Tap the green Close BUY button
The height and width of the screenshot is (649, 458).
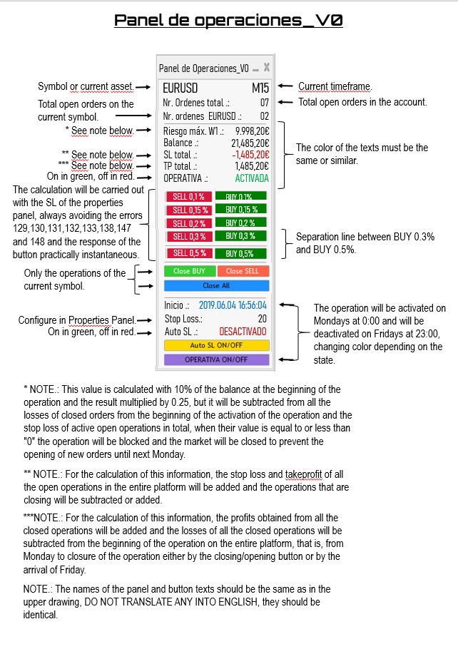click(x=189, y=271)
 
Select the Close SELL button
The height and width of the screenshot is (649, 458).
click(x=243, y=271)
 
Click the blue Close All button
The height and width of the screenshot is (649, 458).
click(x=216, y=285)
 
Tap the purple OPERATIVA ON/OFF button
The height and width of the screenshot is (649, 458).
click(x=216, y=359)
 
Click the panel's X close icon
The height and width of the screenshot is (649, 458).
click(x=266, y=68)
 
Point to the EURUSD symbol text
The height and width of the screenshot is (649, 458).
click(x=180, y=90)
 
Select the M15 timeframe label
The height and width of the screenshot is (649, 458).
click(x=260, y=90)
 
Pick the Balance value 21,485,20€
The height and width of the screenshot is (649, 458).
click(x=250, y=143)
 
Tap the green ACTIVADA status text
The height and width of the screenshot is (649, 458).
click(x=252, y=178)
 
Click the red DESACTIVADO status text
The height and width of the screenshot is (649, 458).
click(x=243, y=332)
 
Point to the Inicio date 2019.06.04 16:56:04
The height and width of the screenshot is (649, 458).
click(x=233, y=305)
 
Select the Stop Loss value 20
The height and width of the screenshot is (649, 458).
click(x=262, y=319)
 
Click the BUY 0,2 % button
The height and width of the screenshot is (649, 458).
click(x=241, y=223)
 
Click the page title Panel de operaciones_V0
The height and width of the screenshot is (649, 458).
click(x=228, y=21)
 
